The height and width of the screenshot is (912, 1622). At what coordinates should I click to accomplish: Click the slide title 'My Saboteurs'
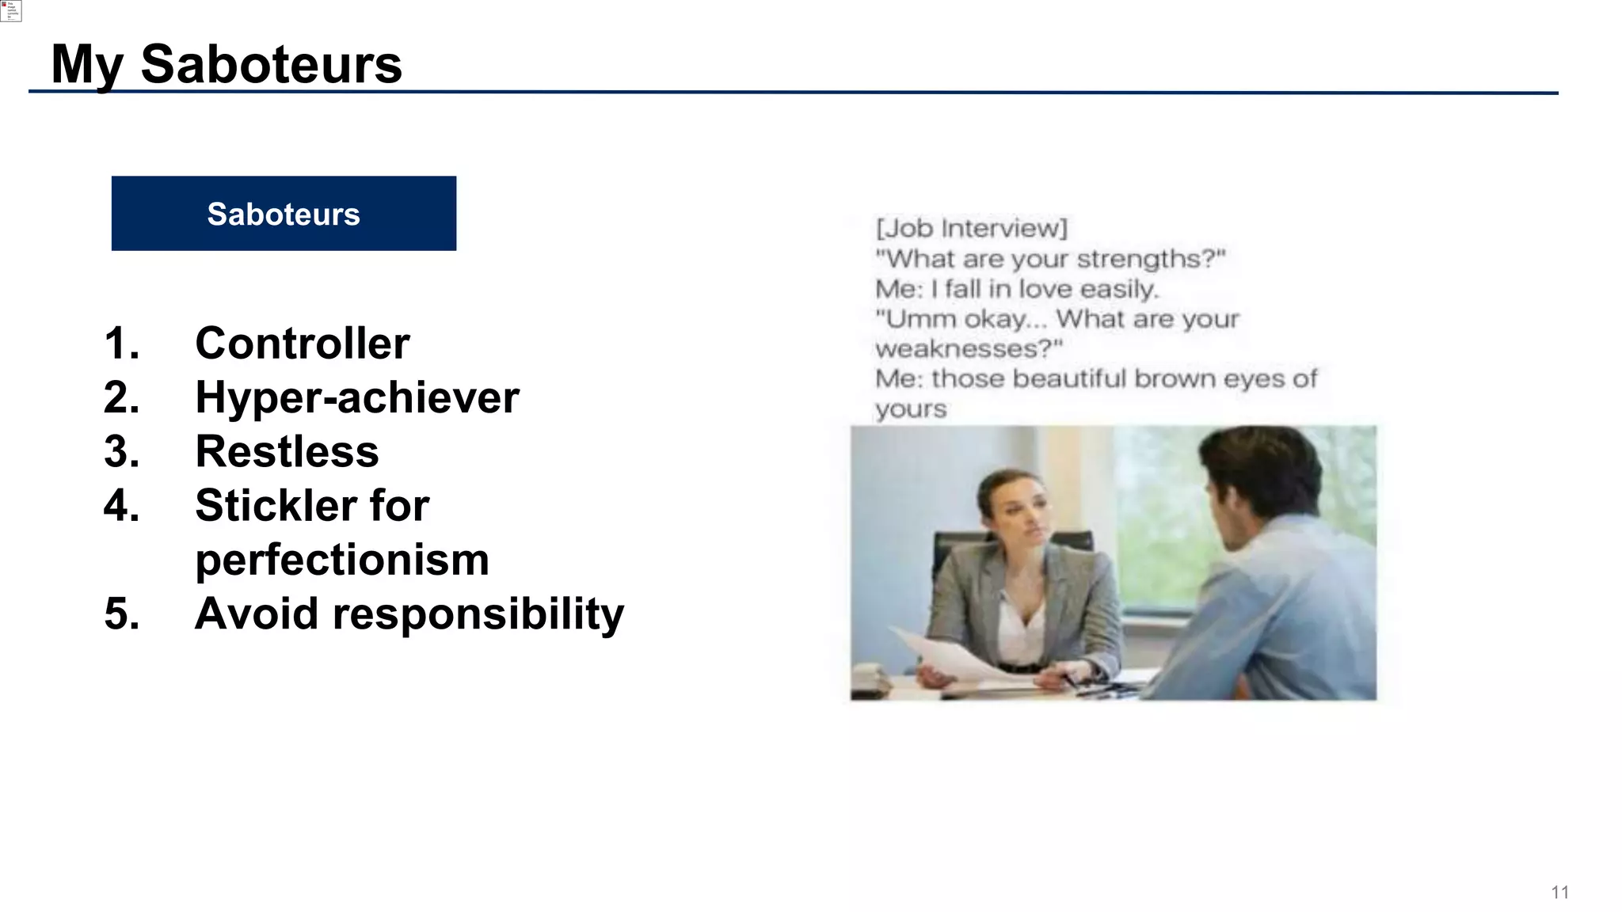click(227, 65)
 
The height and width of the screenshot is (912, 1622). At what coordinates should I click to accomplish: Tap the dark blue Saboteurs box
click(284, 214)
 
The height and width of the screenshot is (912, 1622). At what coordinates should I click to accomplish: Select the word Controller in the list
click(303, 344)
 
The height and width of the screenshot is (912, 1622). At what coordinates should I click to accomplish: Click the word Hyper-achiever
click(357, 397)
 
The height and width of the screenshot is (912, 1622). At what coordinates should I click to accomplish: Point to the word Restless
click(287, 451)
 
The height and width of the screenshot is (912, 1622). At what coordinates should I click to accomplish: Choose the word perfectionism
click(342, 560)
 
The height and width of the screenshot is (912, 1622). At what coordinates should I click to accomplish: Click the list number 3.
click(121, 451)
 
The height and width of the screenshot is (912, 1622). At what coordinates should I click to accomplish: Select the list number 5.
click(121, 614)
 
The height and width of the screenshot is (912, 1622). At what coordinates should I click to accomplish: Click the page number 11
click(1559, 893)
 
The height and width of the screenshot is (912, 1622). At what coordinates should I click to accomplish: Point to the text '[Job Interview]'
click(971, 229)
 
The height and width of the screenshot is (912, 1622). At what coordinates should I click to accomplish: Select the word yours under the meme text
click(911, 409)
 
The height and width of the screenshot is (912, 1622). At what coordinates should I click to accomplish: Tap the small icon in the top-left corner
click(10, 10)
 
